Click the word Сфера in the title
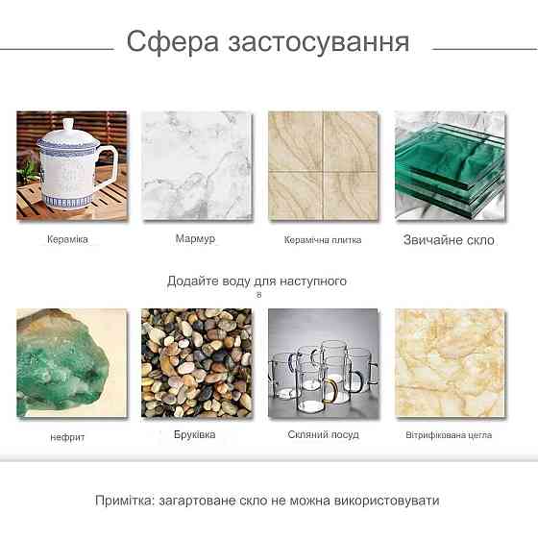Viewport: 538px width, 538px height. coord(173,42)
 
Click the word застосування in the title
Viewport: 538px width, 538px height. coord(319,42)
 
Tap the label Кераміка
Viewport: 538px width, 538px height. coord(67,239)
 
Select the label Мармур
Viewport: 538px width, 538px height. coord(195,238)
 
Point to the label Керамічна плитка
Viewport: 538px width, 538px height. coord(323,240)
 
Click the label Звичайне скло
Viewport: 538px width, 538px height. coord(449,240)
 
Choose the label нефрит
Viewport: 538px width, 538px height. coord(67,437)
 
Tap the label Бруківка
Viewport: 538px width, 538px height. coord(194,434)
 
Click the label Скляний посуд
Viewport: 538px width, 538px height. coord(323,434)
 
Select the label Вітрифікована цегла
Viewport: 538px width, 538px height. coord(449,435)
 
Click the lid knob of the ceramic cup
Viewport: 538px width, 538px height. coord(68,124)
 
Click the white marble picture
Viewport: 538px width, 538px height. coord(197,165)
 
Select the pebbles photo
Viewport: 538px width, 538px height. coord(196,363)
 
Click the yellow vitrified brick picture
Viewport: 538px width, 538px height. coord(451,363)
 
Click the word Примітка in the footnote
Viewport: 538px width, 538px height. coord(125,501)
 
